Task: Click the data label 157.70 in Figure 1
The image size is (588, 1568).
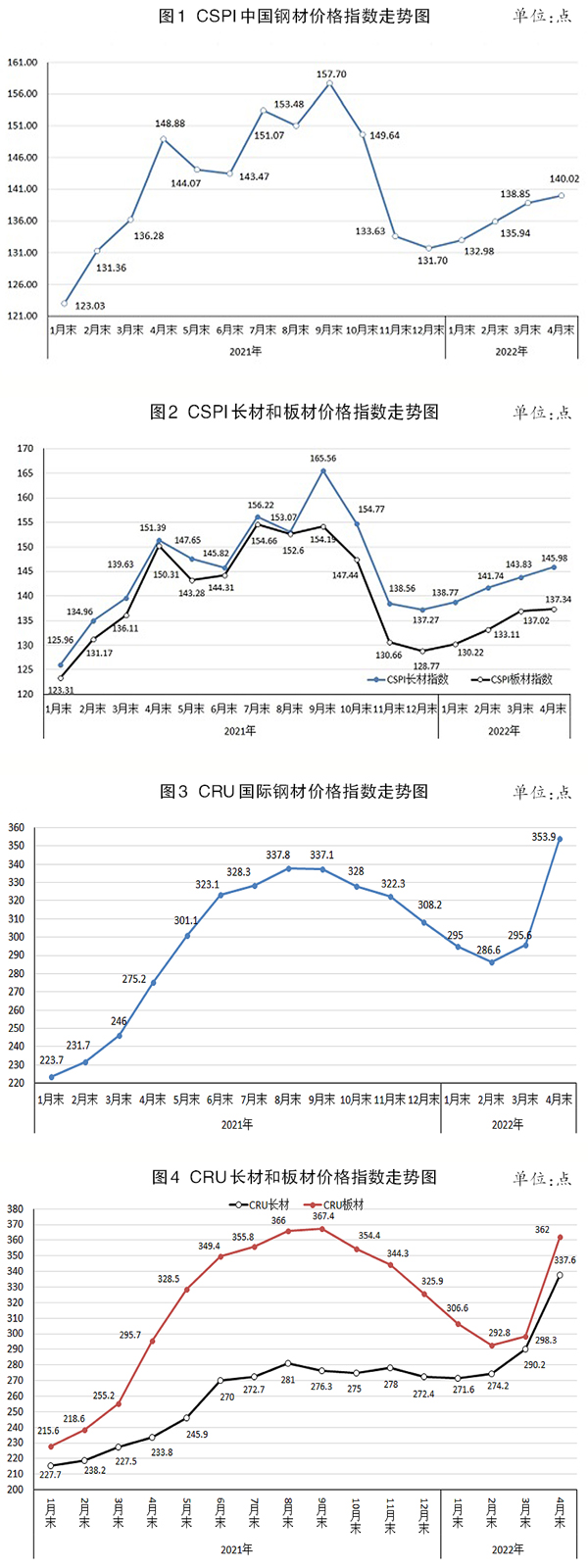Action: (x=331, y=73)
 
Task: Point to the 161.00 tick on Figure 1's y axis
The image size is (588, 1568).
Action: (x=23, y=62)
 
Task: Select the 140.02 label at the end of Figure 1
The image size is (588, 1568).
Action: (x=563, y=179)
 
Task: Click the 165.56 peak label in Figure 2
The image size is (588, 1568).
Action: (x=322, y=459)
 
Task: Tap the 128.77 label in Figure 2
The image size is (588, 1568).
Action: (x=424, y=665)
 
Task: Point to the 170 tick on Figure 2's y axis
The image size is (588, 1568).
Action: (x=24, y=449)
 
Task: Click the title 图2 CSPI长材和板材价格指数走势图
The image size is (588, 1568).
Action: (x=294, y=412)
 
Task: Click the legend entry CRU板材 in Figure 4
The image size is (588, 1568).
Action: (x=339, y=1204)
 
